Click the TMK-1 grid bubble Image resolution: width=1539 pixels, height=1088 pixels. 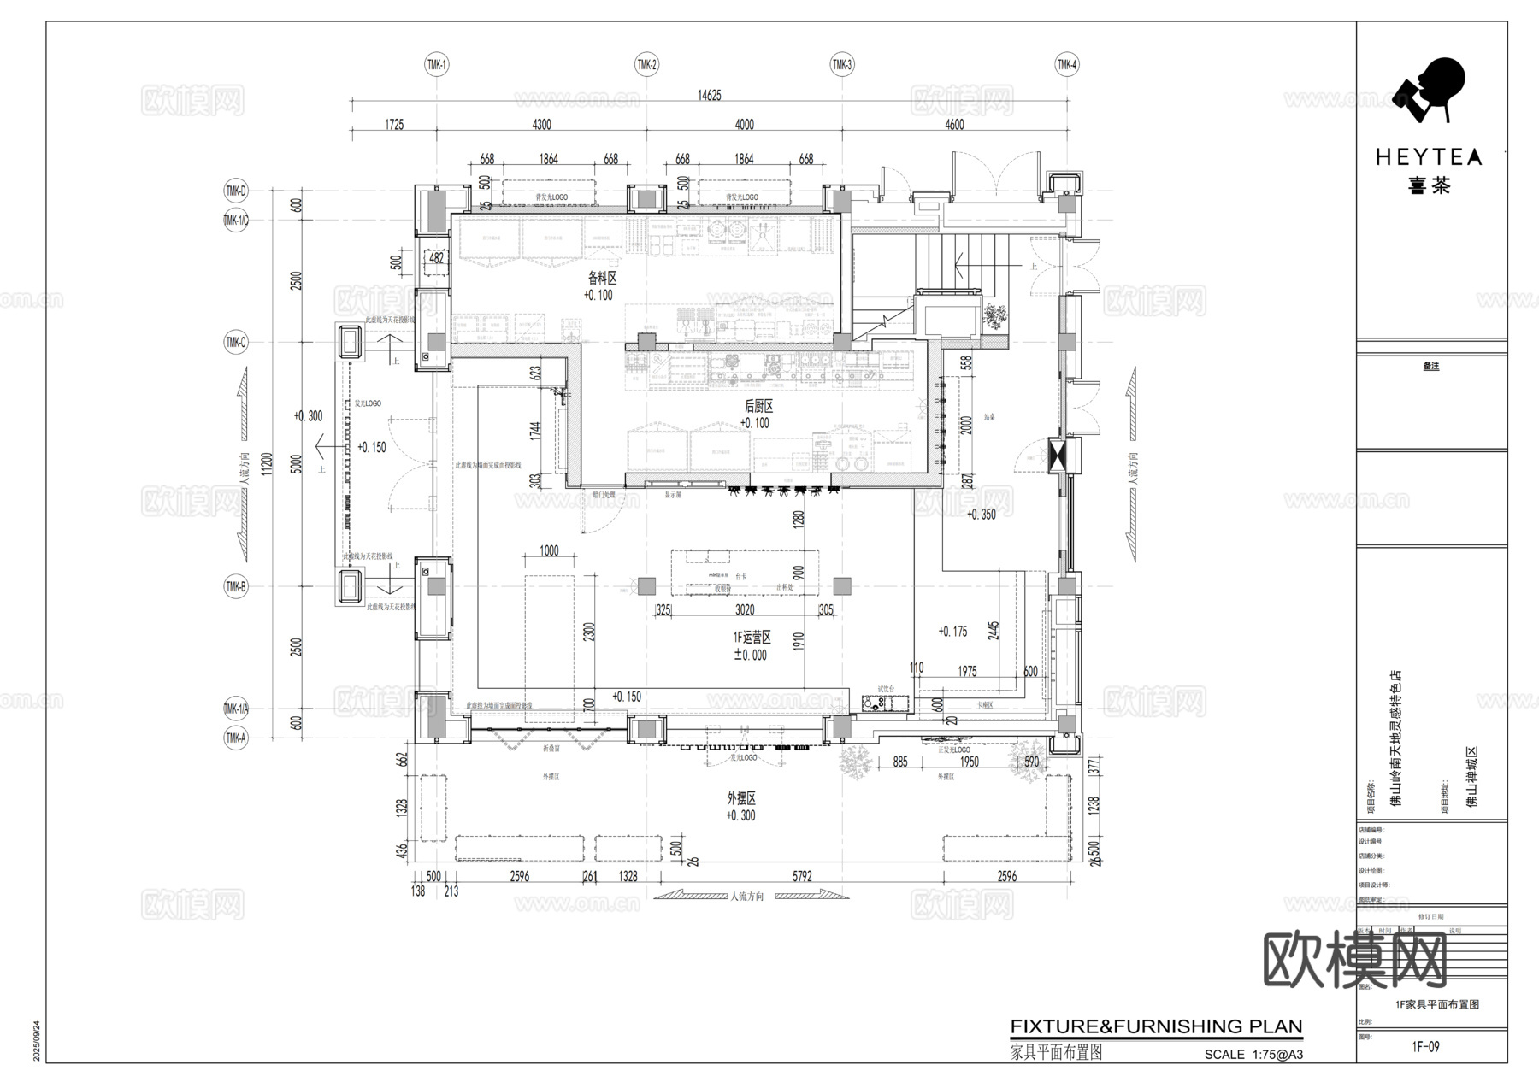tap(437, 64)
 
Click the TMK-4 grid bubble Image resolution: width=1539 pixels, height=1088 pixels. tap(1067, 64)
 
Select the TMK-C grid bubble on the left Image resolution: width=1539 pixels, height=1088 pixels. tap(235, 343)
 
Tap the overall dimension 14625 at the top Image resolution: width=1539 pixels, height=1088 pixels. tap(710, 95)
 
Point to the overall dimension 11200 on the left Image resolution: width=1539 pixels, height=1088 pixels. tap(266, 463)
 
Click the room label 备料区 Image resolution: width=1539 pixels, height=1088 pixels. tap(601, 278)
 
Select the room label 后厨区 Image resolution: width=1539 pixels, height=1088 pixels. tap(758, 406)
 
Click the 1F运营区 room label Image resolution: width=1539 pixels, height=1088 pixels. tap(752, 638)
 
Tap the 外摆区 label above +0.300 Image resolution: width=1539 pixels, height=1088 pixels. tap(740, 798)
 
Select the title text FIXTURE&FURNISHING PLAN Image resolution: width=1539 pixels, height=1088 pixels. tap(1156, 1026)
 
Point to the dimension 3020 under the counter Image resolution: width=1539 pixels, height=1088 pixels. tap(745, 609)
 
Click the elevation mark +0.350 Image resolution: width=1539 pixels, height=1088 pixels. tap(981, 515)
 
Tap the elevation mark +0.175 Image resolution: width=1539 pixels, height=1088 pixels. tap(952, 632)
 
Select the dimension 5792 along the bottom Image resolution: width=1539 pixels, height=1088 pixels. tap(801, 876)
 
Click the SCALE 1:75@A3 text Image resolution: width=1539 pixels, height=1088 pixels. tap(1253, 1055)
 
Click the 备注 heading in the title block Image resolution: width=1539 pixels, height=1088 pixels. tap(1430, 366)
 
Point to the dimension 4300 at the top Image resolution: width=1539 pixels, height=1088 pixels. tap(541, 125)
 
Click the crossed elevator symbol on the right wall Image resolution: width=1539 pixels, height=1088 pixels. tap(1058, 455)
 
